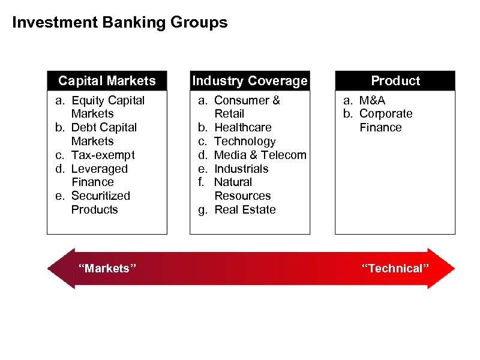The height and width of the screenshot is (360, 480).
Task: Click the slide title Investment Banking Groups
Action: pos(120,23)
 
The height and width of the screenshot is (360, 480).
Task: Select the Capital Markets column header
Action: pos(107,80)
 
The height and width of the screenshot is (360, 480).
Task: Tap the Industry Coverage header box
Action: pos(250,80)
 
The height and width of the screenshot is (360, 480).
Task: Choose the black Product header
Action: pos(395,80)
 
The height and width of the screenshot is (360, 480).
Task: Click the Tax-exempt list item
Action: pos(103,155)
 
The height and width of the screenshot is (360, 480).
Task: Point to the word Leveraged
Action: pos(99,169)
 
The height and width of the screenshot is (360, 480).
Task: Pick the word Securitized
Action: pos(100,196)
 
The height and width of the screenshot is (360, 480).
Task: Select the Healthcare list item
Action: pos(242,127)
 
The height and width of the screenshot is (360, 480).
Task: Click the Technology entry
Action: pos(244,141)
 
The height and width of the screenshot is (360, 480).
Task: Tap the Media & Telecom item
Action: pos(260,155)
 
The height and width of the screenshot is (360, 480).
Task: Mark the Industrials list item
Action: pos(241,169)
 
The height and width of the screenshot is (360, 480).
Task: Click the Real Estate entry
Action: pos(245,209)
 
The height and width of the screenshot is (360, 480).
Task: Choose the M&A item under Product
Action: pos(372,100)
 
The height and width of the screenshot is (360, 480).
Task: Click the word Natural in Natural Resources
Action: pos(233,182)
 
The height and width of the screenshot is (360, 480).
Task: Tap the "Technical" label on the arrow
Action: pos(395,268)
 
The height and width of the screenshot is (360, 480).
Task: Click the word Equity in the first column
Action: pos(88,100)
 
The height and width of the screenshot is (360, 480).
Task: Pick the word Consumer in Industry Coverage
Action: pos(238,100)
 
